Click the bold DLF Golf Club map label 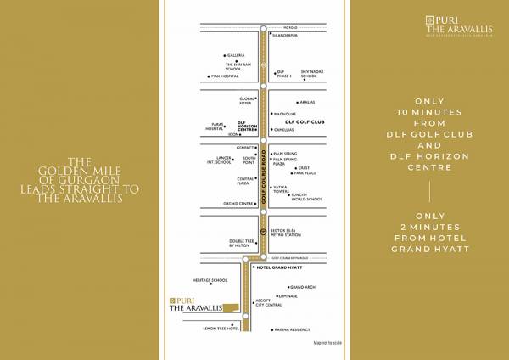[x=305, y=122]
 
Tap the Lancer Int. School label [x=219, y=159]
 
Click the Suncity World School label [x=306, y=197]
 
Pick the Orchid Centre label [x=239, y=204]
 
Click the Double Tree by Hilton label [x=241, y=243]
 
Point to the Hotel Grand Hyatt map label [x=279, y=267]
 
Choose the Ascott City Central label [x=269, y=302]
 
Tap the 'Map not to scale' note [x=327, y=342]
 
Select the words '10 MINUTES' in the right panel [x=430, y=112]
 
